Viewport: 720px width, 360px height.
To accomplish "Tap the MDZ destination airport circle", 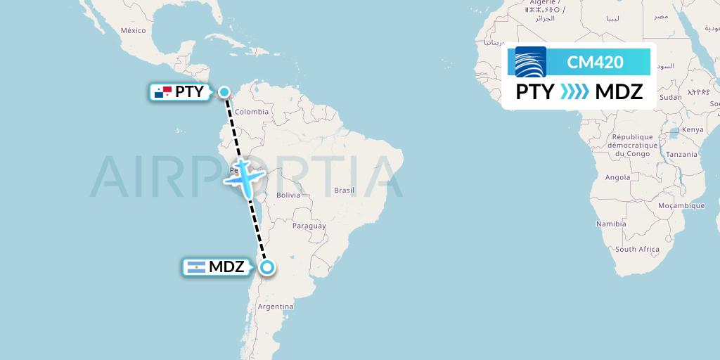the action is pyautogui.click(x=267, y=267).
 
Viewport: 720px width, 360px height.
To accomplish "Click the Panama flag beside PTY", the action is pyautogui.click(x=163, y=92).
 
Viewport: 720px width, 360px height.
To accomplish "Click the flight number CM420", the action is pyautogui.click(x=595, y=62).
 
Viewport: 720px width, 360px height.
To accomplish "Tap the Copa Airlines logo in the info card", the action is pyautogui.click(x=531, y=62).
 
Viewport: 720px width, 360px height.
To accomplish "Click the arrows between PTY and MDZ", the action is pyautogui.click(x=574, y=92).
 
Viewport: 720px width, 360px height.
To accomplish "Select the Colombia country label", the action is pyautogui.click(x=252, y=112).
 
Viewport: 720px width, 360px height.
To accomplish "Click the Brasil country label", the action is pyautogui.click(x=345, y=191).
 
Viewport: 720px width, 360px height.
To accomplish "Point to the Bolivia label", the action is pyautogui.click(x=289, y=195).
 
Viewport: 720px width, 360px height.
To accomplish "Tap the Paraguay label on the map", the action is pyautogui.click(x=309, y=226).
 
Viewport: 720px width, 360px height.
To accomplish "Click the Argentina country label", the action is pyautogui.click(x=276, y=307).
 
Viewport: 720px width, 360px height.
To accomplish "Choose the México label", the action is pyautogui.click(x=133, y=30).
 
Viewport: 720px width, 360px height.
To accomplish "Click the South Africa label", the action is pyautogui.click(x=637, y=250).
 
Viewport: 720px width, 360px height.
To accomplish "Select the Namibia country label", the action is pyautogui.click(x=611, y=224).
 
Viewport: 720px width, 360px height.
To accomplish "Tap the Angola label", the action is pyautogui.click(x=617, y=178).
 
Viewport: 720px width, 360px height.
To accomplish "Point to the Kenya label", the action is pyautogui.click(x=693, y=129).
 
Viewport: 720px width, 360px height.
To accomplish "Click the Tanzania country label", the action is pyautogui.click(x=682, y=154).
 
